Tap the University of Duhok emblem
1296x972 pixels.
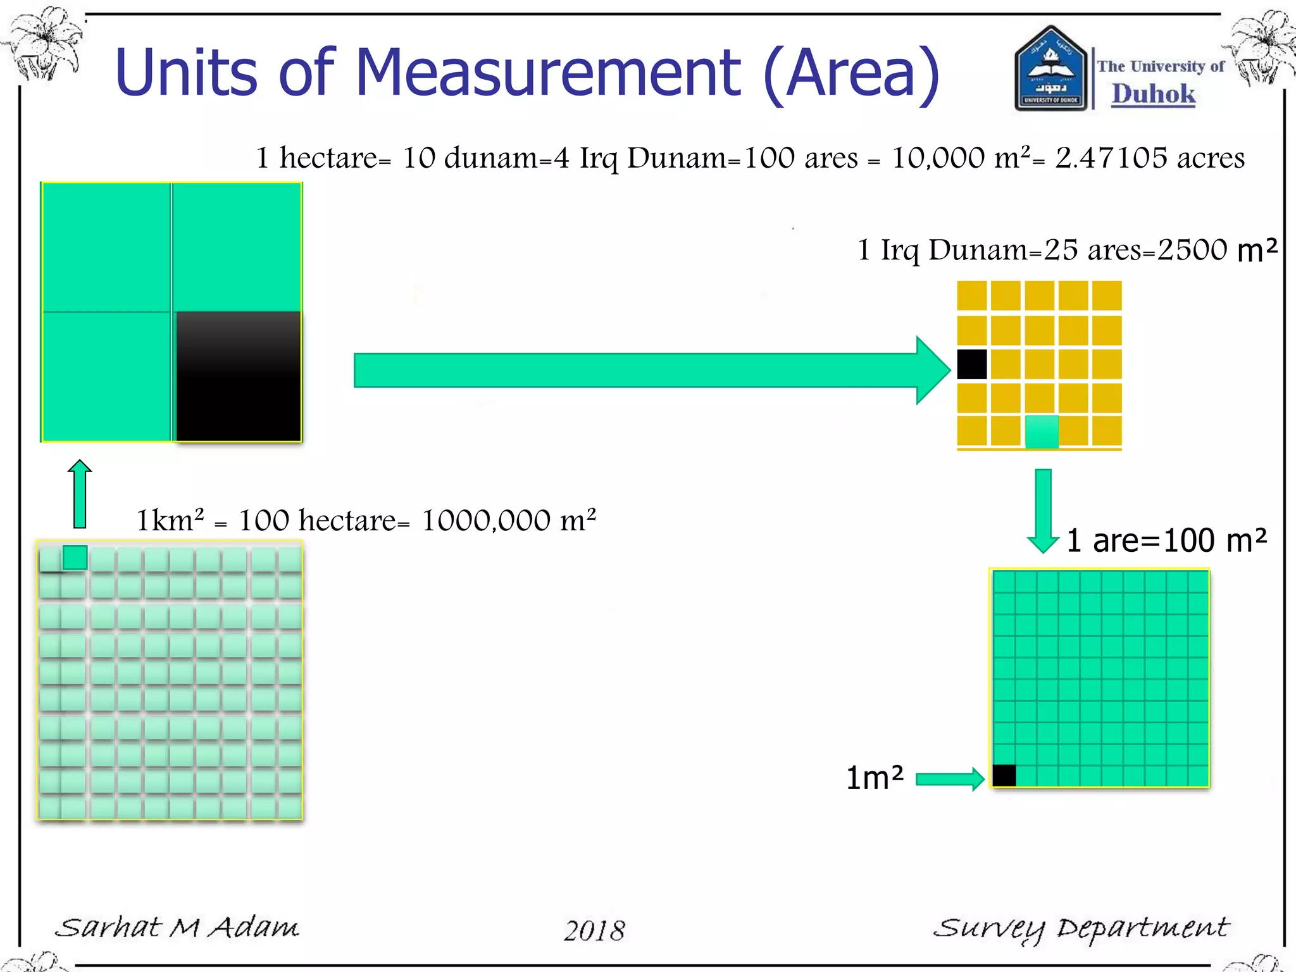[1050, 70]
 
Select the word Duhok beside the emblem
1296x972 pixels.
[1153, 94]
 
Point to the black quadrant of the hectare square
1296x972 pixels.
[238, 377]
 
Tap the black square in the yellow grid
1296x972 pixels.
[971, 364]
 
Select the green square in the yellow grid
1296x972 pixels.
[1041, 432]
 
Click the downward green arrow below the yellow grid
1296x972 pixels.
[1043, 509]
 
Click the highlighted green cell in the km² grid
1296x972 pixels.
[75, 558]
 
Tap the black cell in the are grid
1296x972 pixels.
[1004, 775]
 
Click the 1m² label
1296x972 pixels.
[875, 778]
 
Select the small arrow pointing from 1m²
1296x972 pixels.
[949, 779]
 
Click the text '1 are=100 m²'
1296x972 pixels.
[1166, 540]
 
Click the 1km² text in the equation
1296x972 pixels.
[170, 521]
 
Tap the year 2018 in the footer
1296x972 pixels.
[594, 930]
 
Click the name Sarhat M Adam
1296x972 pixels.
[177, 928]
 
